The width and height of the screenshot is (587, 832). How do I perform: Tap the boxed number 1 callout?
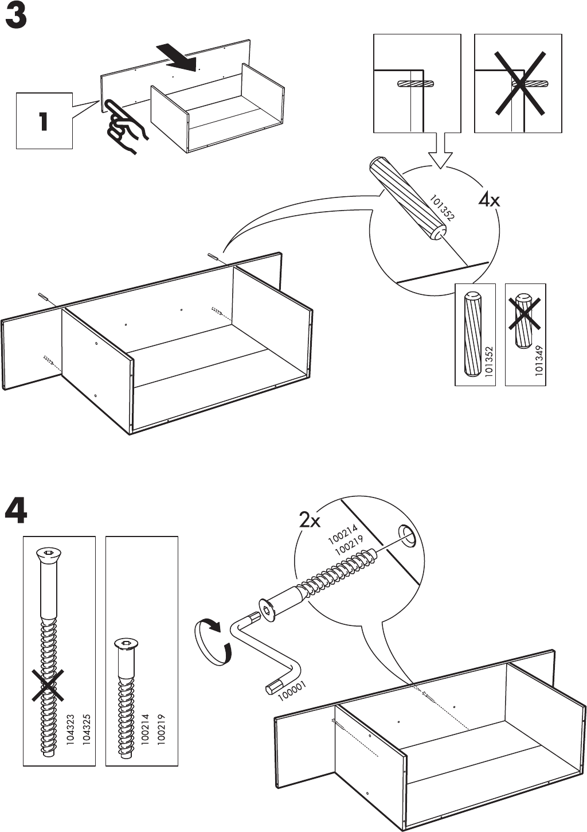pos(44,121)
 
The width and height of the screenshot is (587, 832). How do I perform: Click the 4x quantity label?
pos(489,201)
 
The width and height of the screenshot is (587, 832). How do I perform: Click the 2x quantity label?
pos(310,520)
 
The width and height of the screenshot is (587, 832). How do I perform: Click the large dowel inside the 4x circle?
pos(408,198)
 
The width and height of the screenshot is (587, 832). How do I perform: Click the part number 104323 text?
pos(71,729)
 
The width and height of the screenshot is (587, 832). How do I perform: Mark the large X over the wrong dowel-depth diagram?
pos(518,83)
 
